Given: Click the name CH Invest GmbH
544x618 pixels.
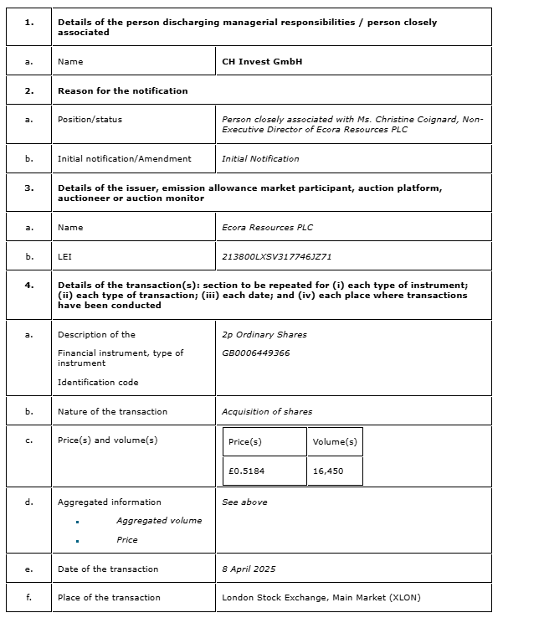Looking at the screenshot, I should [x=262, y=61].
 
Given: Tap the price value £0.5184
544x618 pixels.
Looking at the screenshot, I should [x=246, y=471].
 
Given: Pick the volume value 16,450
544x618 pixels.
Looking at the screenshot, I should [x=328, y=471].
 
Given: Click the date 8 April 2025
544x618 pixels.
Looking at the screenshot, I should [x=249, y=569].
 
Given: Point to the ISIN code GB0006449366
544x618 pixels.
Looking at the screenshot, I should [x=256, y=353].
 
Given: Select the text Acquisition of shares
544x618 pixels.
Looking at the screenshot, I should [x=267, y=411].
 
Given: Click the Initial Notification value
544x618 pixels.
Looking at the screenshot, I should [x=260, y=158].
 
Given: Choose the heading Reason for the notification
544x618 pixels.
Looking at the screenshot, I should [x=123, y=90].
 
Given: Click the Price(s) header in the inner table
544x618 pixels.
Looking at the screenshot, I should [x=245, y=441].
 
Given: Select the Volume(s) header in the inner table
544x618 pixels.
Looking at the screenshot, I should [x=335, y=441].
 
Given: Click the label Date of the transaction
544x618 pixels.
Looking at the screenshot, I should [x=108, y=569].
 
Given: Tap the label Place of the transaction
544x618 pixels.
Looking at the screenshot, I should [x=109, y=597].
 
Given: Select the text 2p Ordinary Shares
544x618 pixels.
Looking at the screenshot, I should [x=264, y=334].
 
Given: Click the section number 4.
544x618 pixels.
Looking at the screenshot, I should [x=29, y=285].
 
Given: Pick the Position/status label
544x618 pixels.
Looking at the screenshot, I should [x=90, y=119].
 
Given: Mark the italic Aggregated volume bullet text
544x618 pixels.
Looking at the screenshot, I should [x=159, y=520].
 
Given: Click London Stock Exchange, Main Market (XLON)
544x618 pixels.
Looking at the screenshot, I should [x=321, y=597].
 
